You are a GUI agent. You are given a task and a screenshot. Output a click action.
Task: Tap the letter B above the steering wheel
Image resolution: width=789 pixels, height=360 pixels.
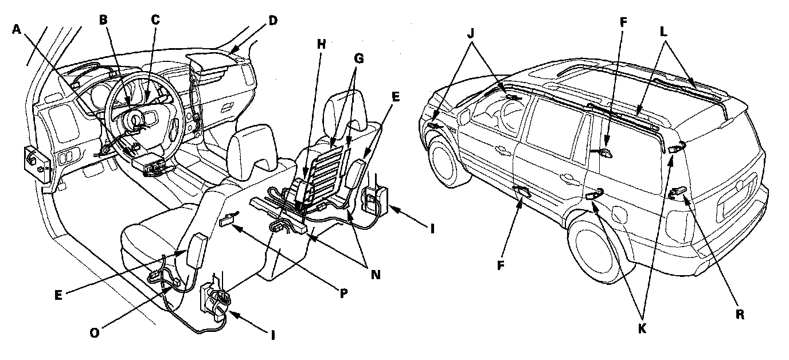click(103, 19)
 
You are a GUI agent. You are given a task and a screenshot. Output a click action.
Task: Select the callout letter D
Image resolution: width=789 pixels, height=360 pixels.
click(272, 21)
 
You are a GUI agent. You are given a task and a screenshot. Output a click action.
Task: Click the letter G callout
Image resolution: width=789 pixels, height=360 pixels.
click(358, 58)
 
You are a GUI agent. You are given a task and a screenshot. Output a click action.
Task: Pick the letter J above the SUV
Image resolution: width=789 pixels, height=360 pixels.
click(472, 32)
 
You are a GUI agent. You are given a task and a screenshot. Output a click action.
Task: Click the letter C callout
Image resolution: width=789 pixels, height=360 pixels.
click(155, 19)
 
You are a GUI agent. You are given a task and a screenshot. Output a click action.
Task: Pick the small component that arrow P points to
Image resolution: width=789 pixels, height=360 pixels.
click(228, 218)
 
